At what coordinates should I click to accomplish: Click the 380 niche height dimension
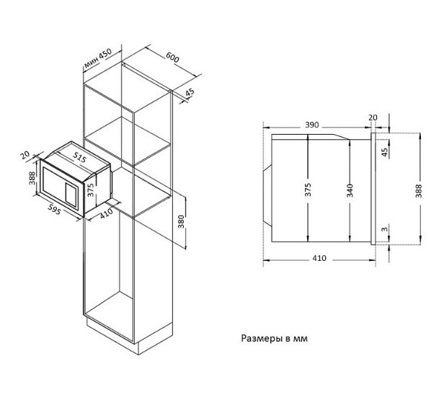tap(181, 224)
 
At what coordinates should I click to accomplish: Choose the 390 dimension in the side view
tap(311, 125)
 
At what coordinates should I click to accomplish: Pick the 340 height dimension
tap(349, 190)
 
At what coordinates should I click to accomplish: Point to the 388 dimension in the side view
tap(420, 189)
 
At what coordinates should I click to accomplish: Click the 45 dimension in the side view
tap(384, 152)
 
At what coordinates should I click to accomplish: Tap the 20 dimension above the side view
tap(372, 117)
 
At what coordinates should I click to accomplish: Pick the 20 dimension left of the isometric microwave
tap(26, 155)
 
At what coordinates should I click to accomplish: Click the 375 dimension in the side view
tap(308, 190)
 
